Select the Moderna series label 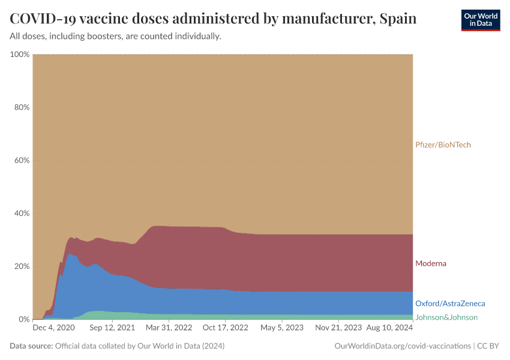tap(431, 263)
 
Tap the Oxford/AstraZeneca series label tap(450, 304)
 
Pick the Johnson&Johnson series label tap(446, 317)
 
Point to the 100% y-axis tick tap(20, 55)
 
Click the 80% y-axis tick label tap(22, 107)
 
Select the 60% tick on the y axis tap(22, 160)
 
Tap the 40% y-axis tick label tap(22, 214)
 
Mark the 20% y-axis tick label tap(22, 266)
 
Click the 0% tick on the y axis tap(24, 319)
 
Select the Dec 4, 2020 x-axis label tap(53, 328)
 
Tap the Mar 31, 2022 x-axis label tap(169, 328)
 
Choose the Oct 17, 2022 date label tap(226, 328)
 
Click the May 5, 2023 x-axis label tap(282, 328)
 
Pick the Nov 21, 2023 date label tap(339, 328)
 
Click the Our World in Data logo tap(480, 20)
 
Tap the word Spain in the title tap(398, 19)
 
